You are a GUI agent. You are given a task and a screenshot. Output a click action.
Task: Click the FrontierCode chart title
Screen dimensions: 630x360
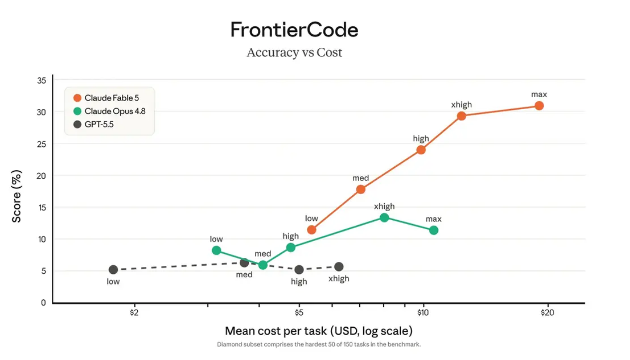[x=294, y=29]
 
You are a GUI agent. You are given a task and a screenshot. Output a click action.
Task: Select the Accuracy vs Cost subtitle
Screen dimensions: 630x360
[x=294, y=52]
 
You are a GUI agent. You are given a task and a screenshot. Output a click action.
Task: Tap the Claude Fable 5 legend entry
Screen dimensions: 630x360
[x=106, y=98]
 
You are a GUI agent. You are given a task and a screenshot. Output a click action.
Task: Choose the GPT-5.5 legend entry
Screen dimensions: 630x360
[x=94, y=124]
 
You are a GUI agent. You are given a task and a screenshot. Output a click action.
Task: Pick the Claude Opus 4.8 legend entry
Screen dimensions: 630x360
[x=109, y=111]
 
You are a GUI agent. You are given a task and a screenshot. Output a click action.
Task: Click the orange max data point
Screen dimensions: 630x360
[x=539, y=106]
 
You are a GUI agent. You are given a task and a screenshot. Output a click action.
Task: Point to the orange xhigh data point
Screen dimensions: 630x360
[x=461, y=116]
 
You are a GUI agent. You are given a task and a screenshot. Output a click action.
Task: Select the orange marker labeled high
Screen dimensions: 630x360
[x=421, y=150]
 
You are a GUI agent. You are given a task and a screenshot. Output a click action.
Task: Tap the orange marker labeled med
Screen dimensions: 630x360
[x=361, y=189]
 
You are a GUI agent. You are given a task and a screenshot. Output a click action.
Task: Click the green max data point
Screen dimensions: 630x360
[x=434, y=231]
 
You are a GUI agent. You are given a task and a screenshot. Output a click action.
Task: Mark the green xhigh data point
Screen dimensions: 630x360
[x=384, y=218]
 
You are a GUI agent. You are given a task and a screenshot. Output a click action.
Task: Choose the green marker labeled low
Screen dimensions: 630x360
[x=216, y=250]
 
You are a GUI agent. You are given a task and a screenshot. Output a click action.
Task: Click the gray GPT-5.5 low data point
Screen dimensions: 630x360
[x=113, y=270]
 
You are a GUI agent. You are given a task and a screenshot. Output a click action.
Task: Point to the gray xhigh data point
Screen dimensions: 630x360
[x=339, y=266]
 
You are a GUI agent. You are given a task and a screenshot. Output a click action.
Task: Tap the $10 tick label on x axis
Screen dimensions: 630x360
[x=422, y=313]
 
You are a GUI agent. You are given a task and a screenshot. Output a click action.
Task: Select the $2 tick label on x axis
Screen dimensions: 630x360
[x=134, y=313]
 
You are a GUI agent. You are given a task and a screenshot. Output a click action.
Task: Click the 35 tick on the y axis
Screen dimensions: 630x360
[x=41, y=81]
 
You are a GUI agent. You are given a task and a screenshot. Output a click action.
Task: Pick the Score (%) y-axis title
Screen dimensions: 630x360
[x=16, y=196]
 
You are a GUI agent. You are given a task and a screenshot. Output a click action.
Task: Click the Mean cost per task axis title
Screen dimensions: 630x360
[x=318, y=331]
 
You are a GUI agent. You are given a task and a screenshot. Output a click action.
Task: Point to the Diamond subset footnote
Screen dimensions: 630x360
[x=318, y=345]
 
